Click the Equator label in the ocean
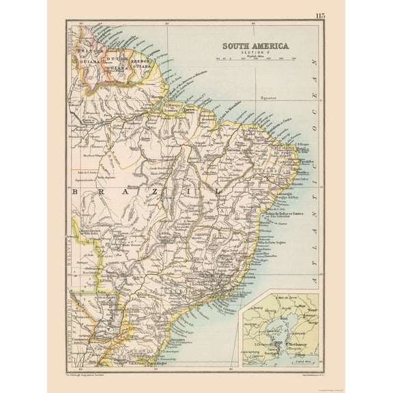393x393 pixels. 272,98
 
